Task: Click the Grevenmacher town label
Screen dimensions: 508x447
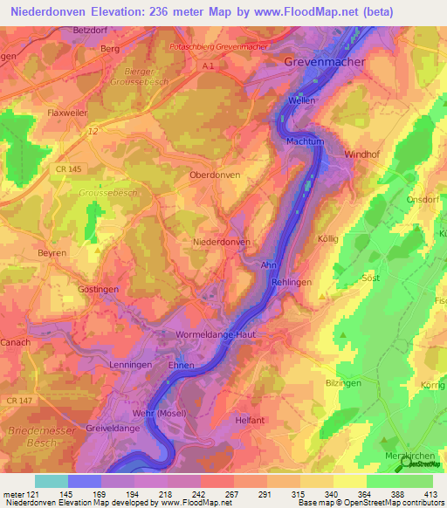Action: pos(324,63)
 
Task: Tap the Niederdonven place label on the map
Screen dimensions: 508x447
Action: pos(221,242)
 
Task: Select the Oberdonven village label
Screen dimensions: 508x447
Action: pos(216,175)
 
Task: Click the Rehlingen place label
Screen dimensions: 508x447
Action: pos(292,282)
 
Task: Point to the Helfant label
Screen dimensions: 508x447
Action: pos(249,421)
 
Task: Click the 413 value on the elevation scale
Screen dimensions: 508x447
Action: pos(430,494)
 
